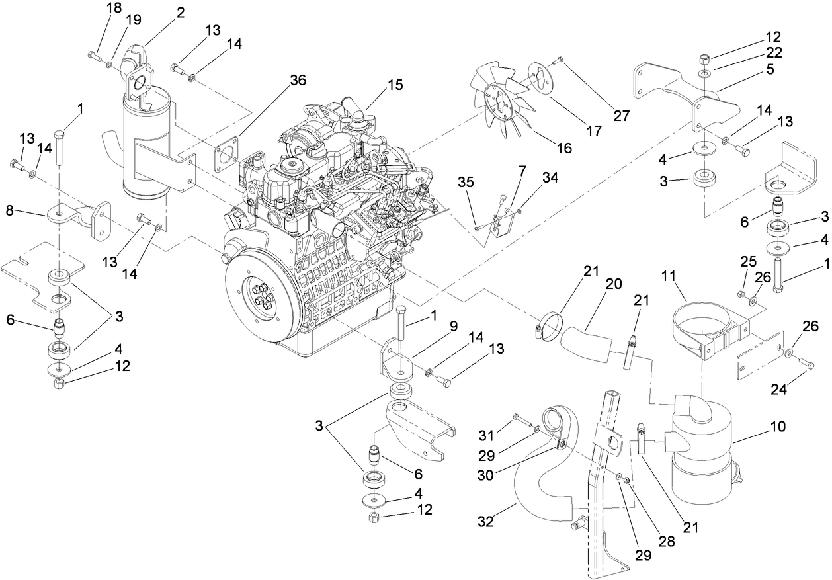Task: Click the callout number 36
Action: point(298,79)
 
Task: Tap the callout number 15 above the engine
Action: point(395,85)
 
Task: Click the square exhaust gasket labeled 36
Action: point(228,156)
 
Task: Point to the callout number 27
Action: point(620,116)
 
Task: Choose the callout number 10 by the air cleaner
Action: point(777,427)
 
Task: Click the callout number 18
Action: point(114,9)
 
